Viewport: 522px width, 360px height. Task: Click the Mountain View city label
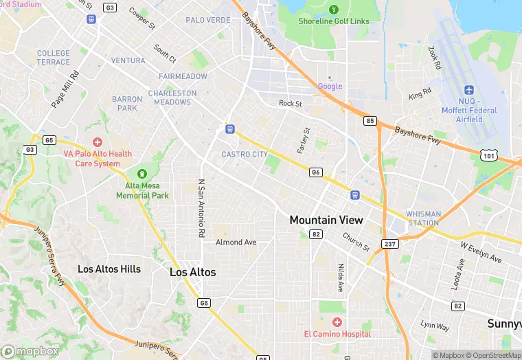(326, 220)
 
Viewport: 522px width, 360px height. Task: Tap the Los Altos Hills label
(109, 269)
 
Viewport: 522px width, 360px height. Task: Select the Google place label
(330, 86)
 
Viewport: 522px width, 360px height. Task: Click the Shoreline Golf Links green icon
(334, 10)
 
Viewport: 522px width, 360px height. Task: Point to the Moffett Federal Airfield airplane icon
(470, 91)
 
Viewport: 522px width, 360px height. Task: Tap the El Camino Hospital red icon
(337, 322)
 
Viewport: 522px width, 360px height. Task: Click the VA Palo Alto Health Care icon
(98, 142)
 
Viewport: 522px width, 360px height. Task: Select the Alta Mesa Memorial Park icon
(142, 174)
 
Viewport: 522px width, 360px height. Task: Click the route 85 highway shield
(370, 121)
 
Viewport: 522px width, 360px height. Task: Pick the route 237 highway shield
(390, 243)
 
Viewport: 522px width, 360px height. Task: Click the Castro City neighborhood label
(245, 155)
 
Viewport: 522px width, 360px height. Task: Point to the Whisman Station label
(423, 218)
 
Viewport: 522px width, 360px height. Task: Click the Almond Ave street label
(236, 243)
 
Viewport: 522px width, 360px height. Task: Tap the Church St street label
(356, 241)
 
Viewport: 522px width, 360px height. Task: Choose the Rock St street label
(291, 104)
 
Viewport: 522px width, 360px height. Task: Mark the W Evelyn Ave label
(481, 251)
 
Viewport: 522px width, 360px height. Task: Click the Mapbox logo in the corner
(30, 351)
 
